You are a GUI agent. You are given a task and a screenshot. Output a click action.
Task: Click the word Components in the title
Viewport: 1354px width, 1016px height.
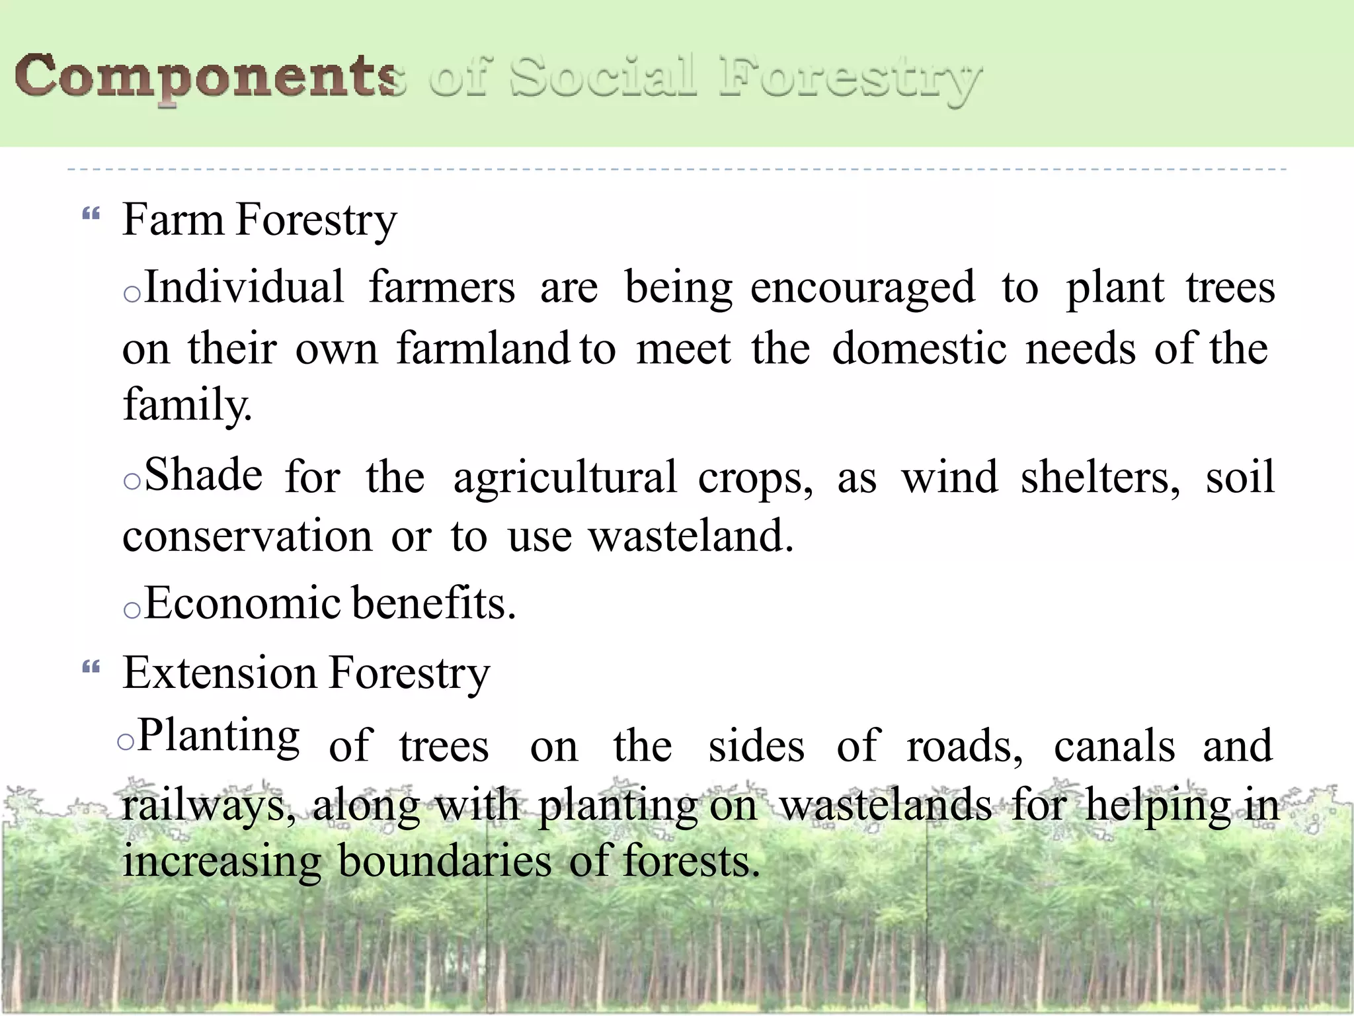pos(208,77)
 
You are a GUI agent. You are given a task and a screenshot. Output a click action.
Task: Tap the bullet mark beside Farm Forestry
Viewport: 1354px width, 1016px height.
pos(91,214)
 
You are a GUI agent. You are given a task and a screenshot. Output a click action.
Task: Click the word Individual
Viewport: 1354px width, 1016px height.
pos(245,288)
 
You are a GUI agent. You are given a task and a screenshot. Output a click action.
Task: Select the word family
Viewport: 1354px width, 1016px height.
pos(187,405)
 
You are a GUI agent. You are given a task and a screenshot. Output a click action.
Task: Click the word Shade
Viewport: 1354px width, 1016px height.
pos(204,476)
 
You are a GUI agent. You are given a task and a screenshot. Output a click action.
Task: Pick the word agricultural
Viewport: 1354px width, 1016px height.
pos(565,478)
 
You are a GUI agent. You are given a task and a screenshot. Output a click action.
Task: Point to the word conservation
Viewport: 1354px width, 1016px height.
pos(247,536)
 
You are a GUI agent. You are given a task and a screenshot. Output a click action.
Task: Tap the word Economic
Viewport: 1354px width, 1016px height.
pos(243,603)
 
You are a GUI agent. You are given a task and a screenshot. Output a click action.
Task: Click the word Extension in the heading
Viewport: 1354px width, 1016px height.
pos(219,673)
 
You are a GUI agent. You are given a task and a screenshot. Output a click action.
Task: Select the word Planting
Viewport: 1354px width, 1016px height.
pos(218,737)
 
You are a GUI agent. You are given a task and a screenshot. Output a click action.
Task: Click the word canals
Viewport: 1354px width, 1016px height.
pos(1115,746)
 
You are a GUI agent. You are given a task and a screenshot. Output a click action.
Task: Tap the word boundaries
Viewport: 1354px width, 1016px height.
pos(444,863)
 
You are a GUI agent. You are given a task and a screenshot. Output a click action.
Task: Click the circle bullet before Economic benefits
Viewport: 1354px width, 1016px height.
pos(132,611)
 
